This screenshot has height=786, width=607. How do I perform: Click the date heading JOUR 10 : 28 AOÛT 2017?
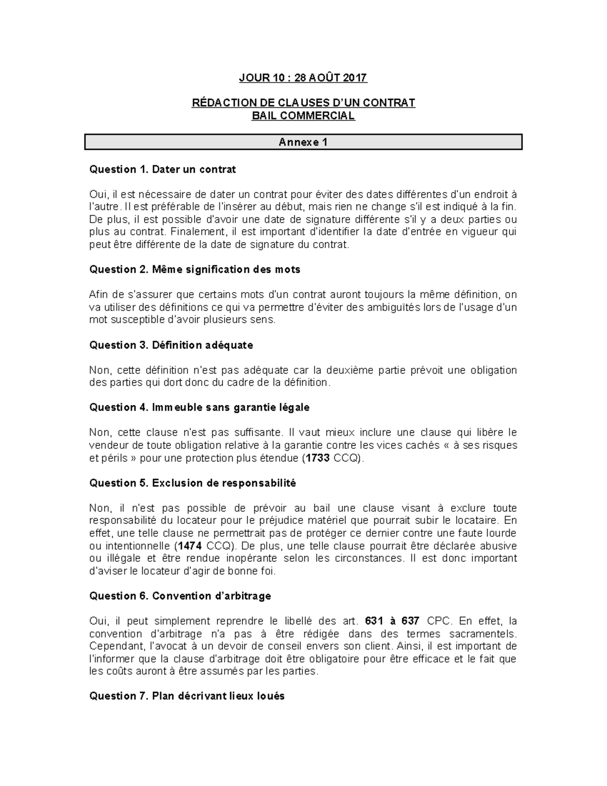coord(303,78)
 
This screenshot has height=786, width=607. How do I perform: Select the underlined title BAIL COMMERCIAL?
coord(303,116)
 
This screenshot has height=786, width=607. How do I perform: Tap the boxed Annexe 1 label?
coord(303,142)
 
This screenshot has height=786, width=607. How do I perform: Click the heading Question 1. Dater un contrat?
coord(162,170)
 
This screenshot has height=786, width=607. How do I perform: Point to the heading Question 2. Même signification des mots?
coord(195,270)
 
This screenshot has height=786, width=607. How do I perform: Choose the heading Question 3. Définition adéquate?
coord(171,345)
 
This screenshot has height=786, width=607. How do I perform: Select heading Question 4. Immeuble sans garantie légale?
coord(199,407)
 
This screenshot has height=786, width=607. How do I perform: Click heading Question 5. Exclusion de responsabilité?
coord(192,483)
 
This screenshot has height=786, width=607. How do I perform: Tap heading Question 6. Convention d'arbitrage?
coord(180,596)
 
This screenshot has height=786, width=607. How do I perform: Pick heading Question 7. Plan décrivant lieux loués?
coord(187,696)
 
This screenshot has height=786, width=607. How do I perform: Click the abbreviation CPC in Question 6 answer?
coord(438,622)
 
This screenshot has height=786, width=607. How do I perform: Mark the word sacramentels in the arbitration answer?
coord(483,634)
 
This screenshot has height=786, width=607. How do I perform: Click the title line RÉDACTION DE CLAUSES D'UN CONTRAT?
coord(303,103)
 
